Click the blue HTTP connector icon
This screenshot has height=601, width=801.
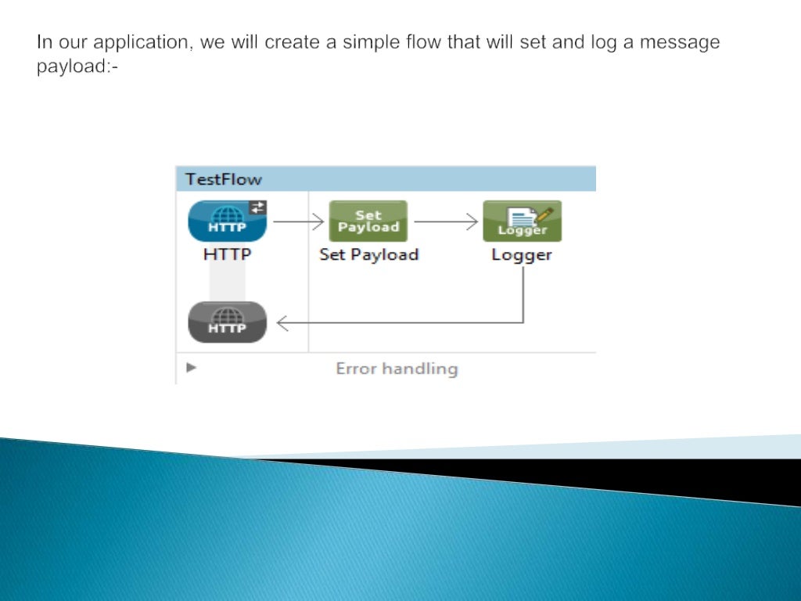click(x=227, y=221)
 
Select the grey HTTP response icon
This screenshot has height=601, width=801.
click(x=227, y=322)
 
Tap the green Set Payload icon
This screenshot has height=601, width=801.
click(x=368, y=221)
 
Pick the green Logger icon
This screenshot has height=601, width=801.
click(x=522, y=221)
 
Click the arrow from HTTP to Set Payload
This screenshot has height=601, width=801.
click(x=298, y=221)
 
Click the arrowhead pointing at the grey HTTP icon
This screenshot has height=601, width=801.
click(x=282, y=322)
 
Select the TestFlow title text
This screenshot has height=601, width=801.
click(x=224, y=179)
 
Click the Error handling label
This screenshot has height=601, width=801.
click(x=397, y=369)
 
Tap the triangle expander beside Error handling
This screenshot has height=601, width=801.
click(x=191, y=367)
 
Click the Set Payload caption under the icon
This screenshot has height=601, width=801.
click(x=368, y=254)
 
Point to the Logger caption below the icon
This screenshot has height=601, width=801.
click(x=522, y=254)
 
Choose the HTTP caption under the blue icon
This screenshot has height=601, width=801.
click(x=227, y=254)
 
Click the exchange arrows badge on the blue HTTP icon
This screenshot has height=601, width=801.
click(x=258, y=207)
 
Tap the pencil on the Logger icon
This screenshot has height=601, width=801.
click(x=544, y=213)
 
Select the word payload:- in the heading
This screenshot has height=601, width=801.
click(x=77, y=67)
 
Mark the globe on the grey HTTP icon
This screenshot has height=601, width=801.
click(x=227, y=315)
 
